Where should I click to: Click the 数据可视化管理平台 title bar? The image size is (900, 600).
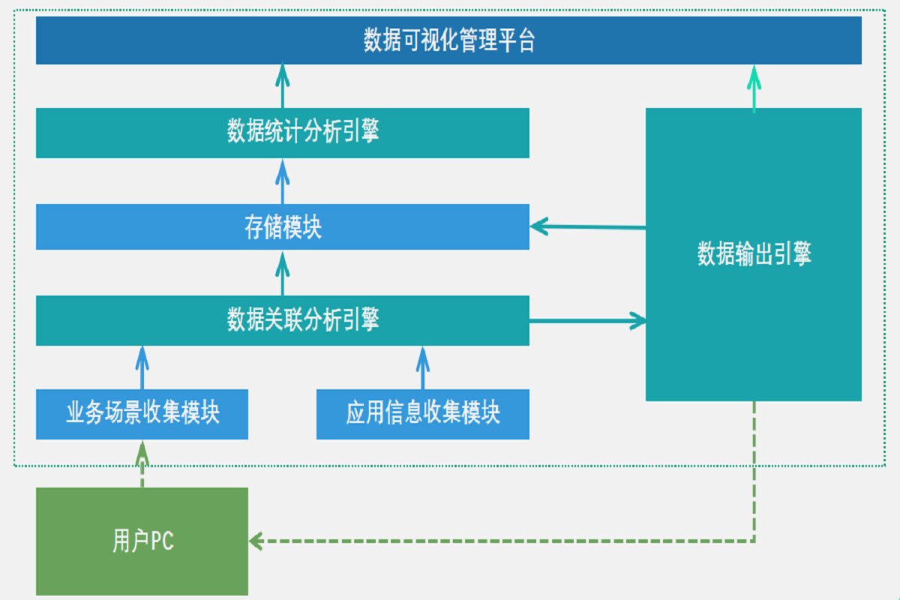[448, 40]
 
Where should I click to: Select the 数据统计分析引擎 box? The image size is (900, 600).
[283, 133]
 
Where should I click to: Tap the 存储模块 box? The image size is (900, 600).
[283, 227]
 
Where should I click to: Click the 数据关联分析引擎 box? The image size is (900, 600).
[283, 321]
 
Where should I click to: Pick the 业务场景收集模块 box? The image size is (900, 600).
[142, 414]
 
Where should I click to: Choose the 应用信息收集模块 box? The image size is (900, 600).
[423, 414]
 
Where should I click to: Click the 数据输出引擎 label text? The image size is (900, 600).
[754, 255]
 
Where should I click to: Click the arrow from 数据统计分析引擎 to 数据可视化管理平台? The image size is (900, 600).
[283, 85]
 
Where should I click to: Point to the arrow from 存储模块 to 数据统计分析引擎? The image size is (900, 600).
[283, 181]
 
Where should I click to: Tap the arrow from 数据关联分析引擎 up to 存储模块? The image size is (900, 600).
[283, 273]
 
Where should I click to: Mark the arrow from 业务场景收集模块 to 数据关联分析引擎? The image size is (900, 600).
[142, 367]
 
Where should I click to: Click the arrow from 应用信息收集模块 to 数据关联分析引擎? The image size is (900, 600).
[423, 367]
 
